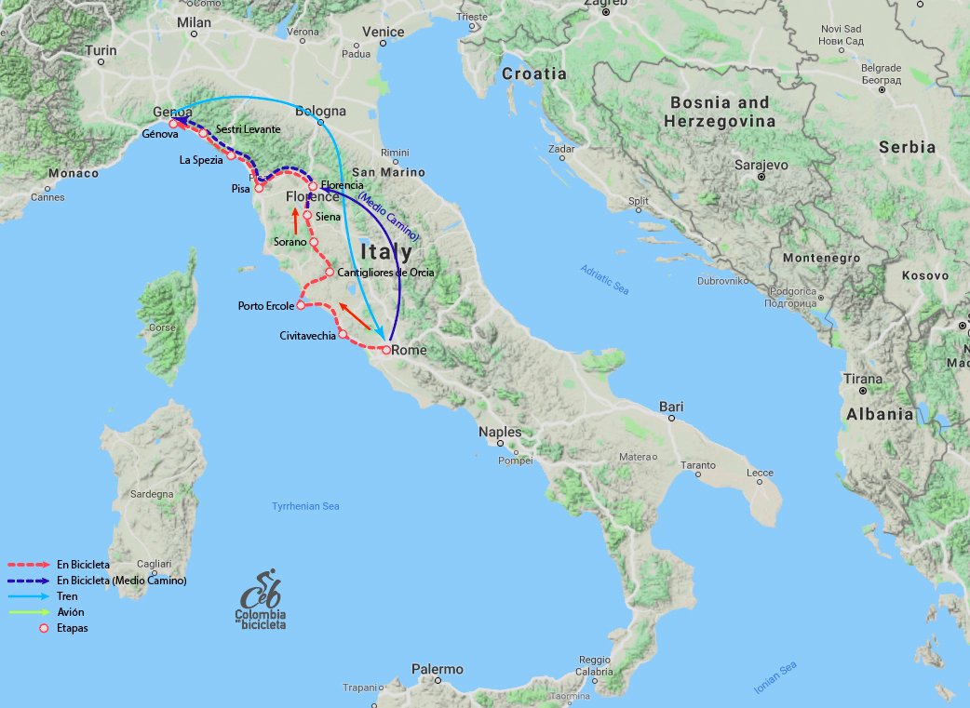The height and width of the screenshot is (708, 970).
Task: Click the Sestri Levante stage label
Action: click(x=248, y=128)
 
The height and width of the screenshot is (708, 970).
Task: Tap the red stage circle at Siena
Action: click(x=307, y=216)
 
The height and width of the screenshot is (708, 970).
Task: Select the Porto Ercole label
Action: click(x=266, y=305)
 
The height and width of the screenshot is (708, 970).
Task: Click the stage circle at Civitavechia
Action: click(x=343, y=334)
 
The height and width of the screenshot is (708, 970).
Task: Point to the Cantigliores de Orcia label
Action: click(x=385, y=273)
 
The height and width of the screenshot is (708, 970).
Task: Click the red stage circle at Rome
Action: click(x=385, y=351)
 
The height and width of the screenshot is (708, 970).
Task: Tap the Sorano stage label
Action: click(x=290, y=242)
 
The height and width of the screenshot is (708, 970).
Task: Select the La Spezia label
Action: click(x=201, y=160)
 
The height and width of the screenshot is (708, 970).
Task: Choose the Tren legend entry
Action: click(x=67, y=596)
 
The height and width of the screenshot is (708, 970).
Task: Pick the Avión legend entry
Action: click(x=70, y=612)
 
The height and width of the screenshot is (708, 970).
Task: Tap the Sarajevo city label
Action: click(x=761, y=164)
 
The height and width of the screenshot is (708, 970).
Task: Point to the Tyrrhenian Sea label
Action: click(x=305, y=506)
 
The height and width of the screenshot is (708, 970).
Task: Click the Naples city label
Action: click(x=500, y=432)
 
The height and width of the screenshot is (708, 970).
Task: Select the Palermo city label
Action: click(x=437, y=669)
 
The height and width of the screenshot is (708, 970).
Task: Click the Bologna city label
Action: click(x=320, y=112)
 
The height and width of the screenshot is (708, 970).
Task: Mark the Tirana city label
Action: click(x=862, y=379)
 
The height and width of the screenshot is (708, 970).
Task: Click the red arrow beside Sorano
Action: click(x=295, y=220)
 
